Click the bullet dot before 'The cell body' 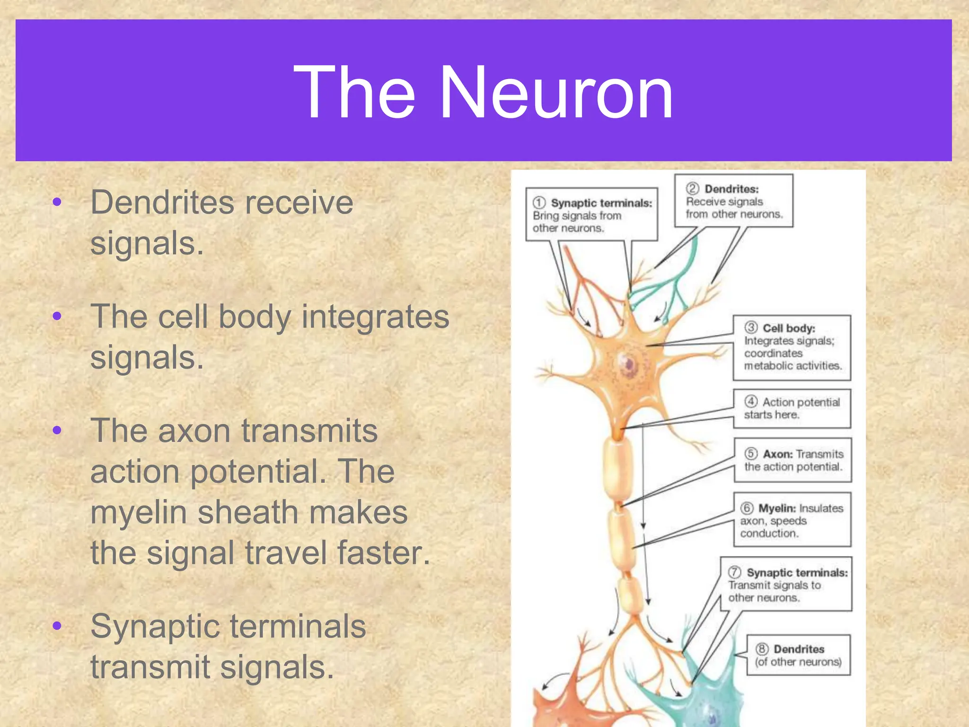[x=57, y=316]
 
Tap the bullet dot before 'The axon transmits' [x=57, y=431]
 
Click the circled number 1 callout [x=539, y=203]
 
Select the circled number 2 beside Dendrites [x=692, y=188]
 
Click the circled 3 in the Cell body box [x=751, y=328]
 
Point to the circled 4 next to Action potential [x=751, y=402]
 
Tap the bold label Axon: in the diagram [x=777, y=454]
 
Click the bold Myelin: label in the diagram [x=777, y=508]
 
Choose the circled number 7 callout [x=734, y=572]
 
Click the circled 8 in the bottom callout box [x=761, y=649]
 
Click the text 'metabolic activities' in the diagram [x=793, y=366]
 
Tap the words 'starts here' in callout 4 [x=771, y=415]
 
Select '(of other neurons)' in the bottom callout [x=798, y=662]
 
